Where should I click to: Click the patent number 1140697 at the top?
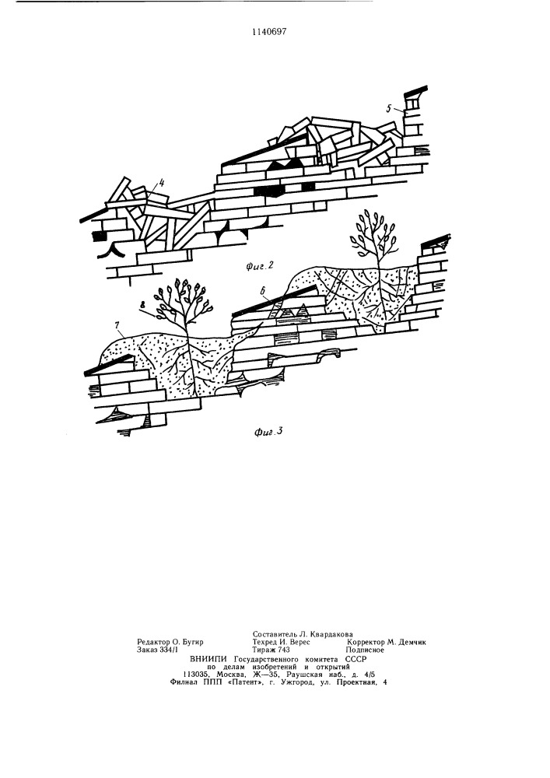tap(269, 32)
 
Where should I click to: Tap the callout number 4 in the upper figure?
tap(161, 184)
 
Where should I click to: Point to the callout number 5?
tap(391, 107)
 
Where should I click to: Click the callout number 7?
tap(117, 325)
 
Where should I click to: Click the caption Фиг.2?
tap(260, 266)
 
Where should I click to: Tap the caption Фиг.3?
tap(269, 431)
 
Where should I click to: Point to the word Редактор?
tap(152, 642)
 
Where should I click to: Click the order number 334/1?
tap(169, 650)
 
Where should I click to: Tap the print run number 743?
tap(284, 650)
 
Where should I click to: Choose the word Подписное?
tap(365, 650)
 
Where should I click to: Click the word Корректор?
tap(366, 642)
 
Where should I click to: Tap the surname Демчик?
tap(412, 642)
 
